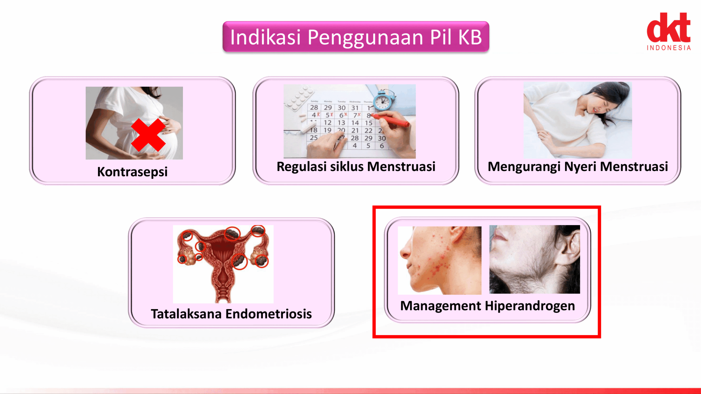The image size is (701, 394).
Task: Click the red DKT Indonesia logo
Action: (x=669, y=31)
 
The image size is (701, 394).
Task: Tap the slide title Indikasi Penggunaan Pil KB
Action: (x=356, y=37)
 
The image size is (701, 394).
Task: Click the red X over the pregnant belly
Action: (x=148, y=135)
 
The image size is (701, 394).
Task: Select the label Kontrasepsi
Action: (x=132, y=172)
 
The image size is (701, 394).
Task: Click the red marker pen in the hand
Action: (x=392, y=121)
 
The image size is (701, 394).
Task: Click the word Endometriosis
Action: (x=268, y=314)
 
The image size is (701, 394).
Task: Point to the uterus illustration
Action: (x=223, y=264)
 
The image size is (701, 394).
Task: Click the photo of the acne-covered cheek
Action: (x=439, y=260)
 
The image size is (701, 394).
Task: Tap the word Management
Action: (x=440, y=306)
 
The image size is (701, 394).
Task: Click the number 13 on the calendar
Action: (x=341, y=123)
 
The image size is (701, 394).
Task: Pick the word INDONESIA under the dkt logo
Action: (x=669, y=48)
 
